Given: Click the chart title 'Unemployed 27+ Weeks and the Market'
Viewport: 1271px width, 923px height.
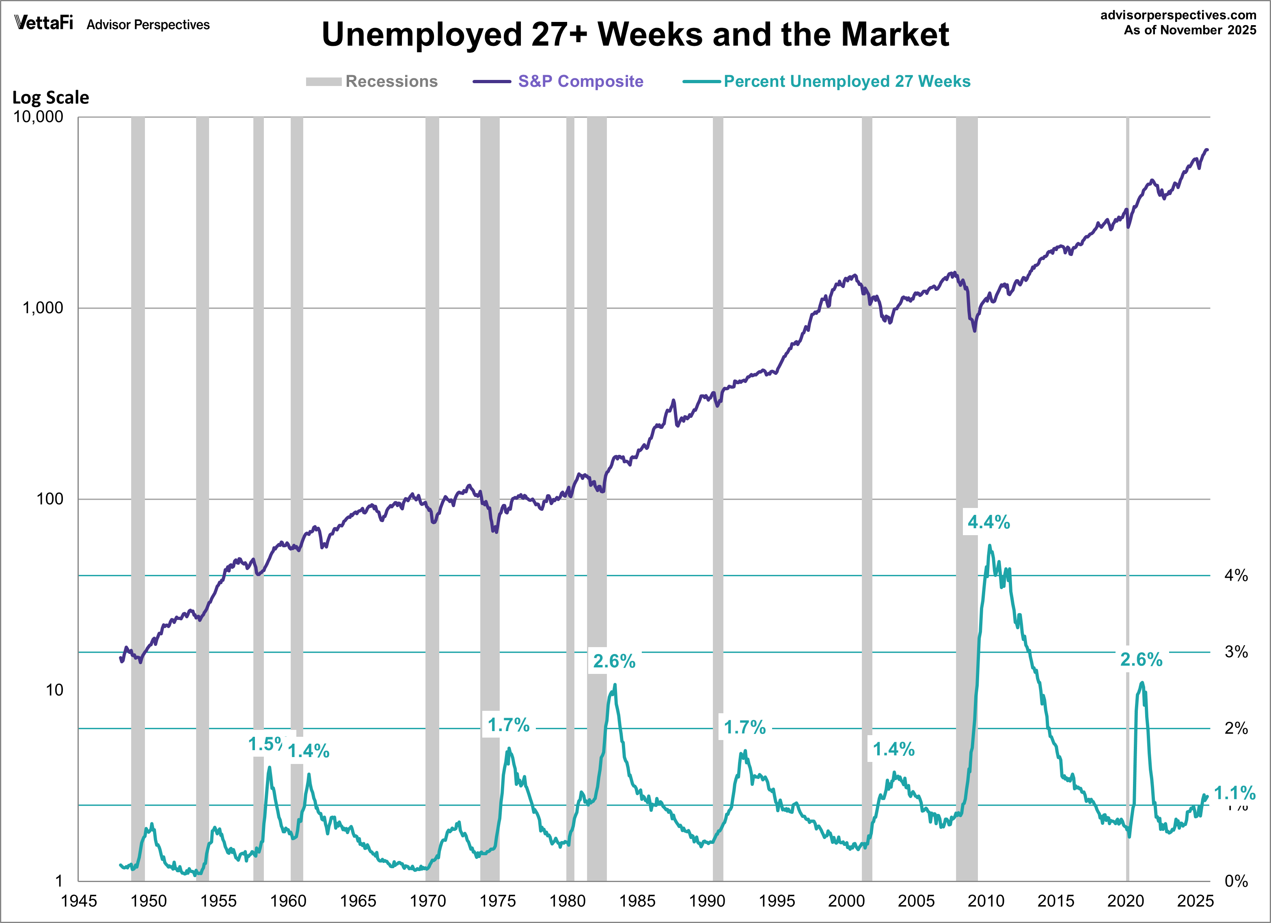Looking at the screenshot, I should point(635,35).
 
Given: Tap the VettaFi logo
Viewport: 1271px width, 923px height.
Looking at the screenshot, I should point(44,23).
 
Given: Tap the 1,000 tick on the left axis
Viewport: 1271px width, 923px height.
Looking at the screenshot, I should point(43,308).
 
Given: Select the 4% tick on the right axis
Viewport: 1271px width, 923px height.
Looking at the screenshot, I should point(1236,575).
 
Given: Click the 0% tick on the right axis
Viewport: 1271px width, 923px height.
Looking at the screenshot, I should point(1236,881).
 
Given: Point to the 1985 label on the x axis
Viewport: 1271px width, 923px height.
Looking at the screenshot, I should point(637,901).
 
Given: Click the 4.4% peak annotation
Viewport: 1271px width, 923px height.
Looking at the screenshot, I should point(988,523).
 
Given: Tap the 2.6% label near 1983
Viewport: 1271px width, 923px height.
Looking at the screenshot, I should point(614,661).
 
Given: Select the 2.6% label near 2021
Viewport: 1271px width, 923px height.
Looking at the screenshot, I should point(1141,660).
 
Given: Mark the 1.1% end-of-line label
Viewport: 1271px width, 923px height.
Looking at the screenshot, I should point(1234,793).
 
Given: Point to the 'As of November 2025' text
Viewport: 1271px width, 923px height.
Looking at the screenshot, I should point(1190,30).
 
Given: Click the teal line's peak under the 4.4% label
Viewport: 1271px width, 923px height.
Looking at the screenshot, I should point(989,546).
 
